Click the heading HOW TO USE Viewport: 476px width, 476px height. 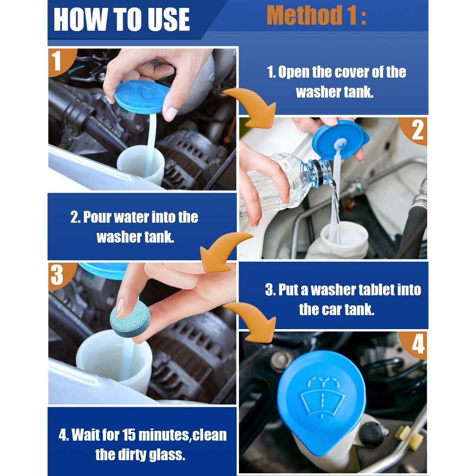pos(121,19)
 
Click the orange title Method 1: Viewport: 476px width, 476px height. pos(316,15)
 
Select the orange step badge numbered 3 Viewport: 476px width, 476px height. pos(60,275)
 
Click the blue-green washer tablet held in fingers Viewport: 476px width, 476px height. pos(130,319)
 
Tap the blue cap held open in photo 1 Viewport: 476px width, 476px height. pos(141,97)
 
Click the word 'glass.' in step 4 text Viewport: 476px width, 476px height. pos(166,455)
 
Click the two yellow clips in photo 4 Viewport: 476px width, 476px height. pos(409,437)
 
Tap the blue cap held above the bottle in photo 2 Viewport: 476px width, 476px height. pos(340,139)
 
